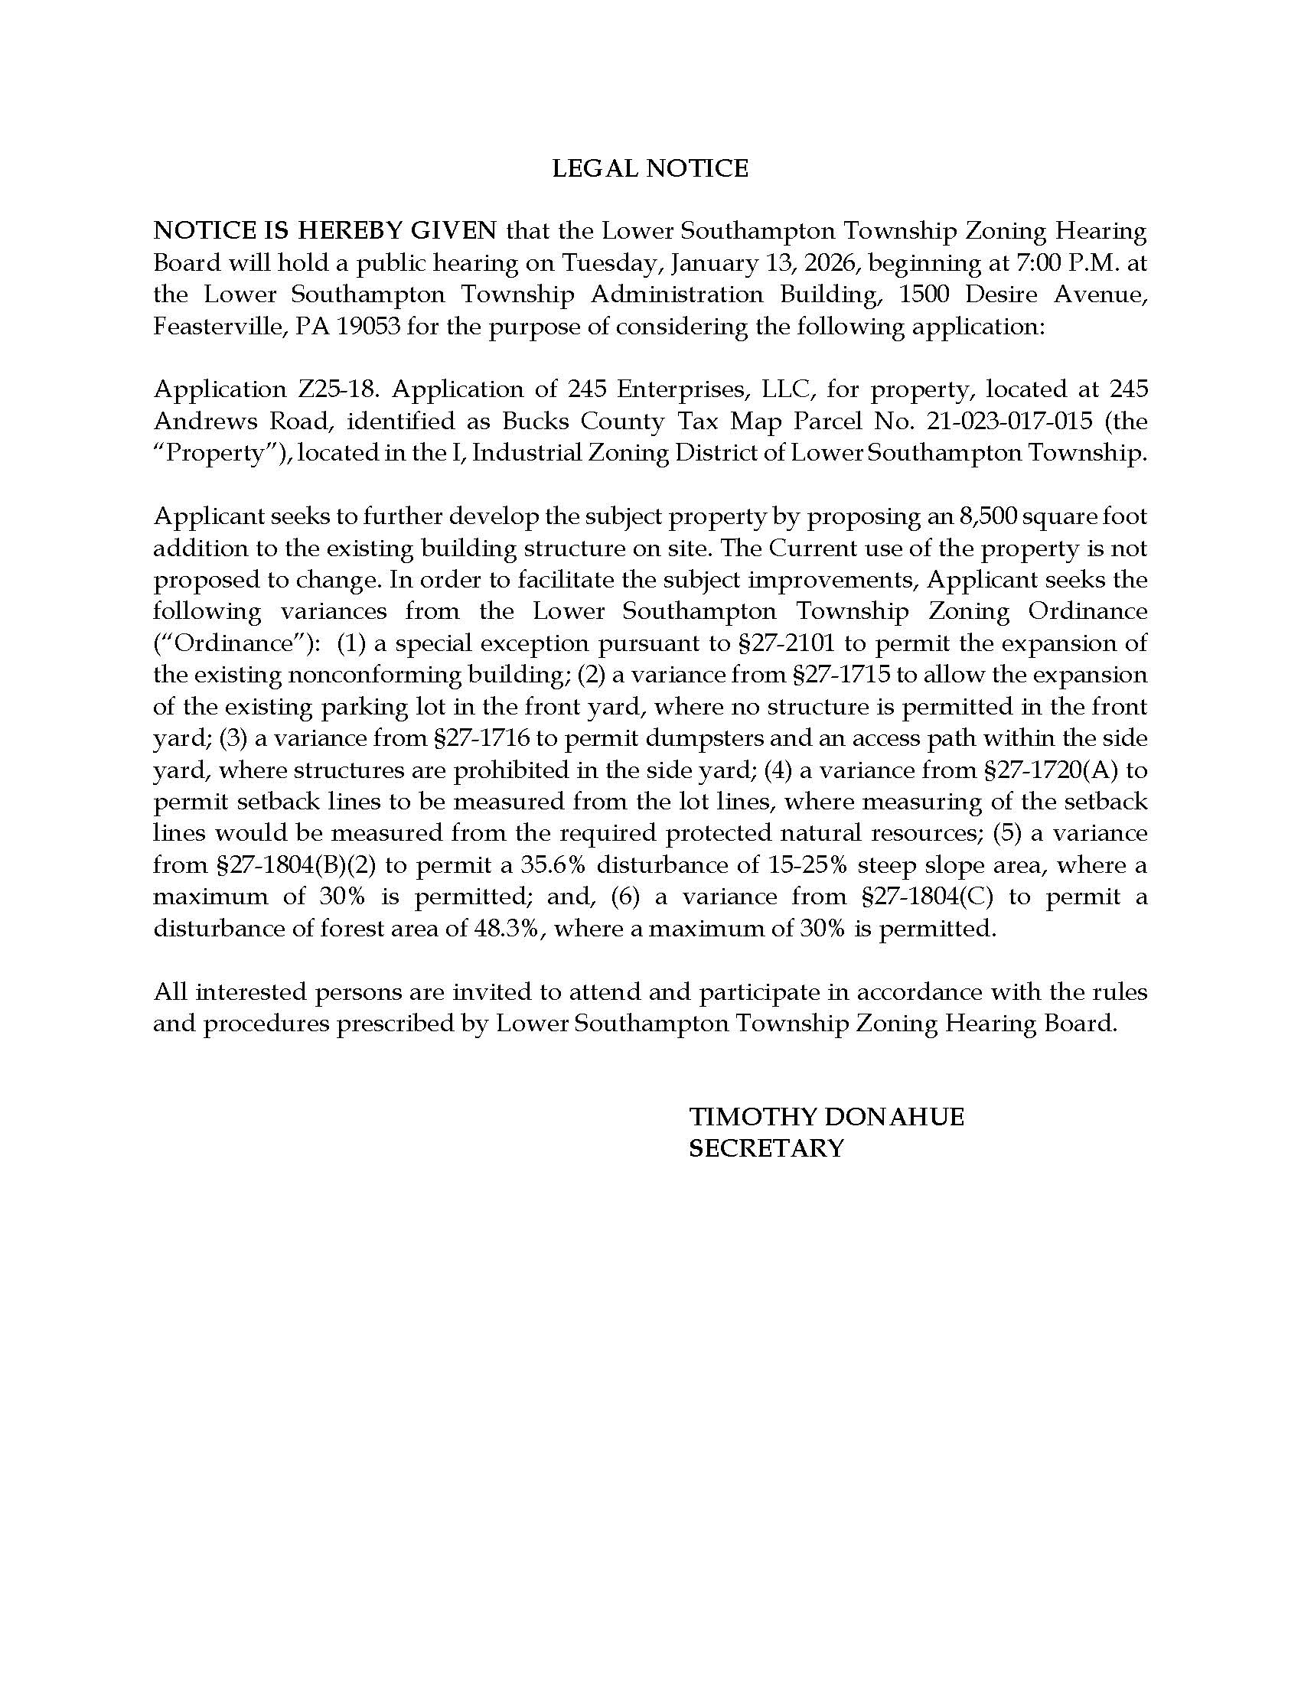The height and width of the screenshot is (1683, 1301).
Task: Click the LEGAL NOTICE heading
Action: [650, 168]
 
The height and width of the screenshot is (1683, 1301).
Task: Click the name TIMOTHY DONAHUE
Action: [826, 1117]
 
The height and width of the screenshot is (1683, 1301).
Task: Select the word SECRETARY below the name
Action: [766, 1148]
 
